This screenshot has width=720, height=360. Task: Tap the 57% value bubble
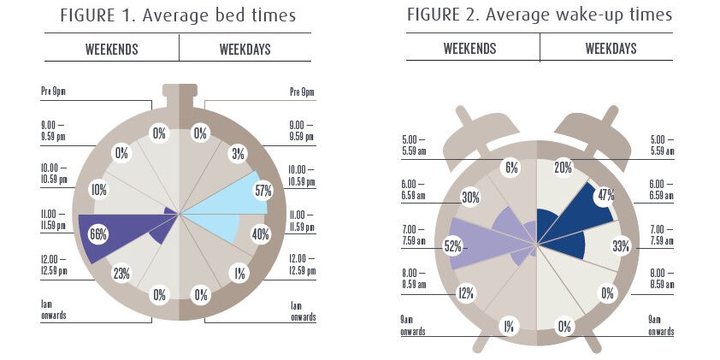coord(262,191)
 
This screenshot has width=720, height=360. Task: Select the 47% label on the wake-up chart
coord(606,195)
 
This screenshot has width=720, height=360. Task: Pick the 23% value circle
coord(121,273)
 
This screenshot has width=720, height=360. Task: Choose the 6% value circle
coord(512,168)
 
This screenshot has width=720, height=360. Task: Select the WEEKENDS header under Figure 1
coord(112,49)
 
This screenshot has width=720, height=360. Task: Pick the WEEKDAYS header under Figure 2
coord(611,48)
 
